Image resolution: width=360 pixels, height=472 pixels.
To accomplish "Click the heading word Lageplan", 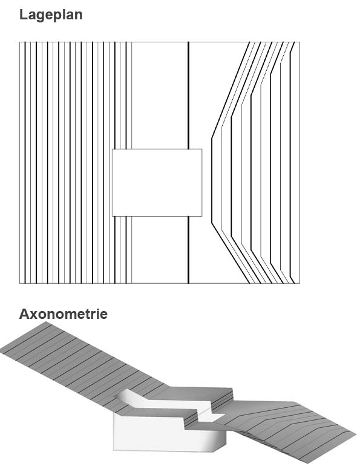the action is (x=51, y=15).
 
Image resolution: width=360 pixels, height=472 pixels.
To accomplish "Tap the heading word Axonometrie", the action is (x=64, y=314).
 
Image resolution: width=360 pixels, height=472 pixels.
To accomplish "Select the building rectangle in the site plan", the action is (x=157, y=182).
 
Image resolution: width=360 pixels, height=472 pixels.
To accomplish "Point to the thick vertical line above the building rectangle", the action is (x=188, y=96).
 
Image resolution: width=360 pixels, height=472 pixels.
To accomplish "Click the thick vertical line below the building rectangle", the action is (x=188, y=250).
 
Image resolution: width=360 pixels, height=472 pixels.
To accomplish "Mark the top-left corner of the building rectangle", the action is (x=113, y=149).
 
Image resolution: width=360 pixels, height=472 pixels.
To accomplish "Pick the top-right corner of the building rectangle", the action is (x=201, y=149).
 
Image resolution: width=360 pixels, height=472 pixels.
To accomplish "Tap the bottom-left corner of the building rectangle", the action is (x=113, y=216).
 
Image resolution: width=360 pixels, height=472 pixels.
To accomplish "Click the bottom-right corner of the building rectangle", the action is (x=201, y=216).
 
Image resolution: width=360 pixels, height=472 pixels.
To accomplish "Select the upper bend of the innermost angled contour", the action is (x=212, y=139).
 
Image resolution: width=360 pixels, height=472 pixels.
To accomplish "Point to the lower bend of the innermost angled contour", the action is (x=212, y=223).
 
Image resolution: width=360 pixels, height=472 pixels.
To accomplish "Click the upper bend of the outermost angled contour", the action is (x=290, y=54).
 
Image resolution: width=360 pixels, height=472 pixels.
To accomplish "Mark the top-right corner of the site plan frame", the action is (x=300, y=42).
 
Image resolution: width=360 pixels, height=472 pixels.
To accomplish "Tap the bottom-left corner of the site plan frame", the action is (x=19, y=283).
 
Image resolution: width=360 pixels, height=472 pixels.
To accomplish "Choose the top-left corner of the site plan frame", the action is (x=19, y=42).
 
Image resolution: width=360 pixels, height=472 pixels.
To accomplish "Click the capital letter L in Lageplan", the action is (x=24, y=15).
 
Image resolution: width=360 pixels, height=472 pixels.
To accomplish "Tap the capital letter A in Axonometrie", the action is (x=24, y=314).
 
